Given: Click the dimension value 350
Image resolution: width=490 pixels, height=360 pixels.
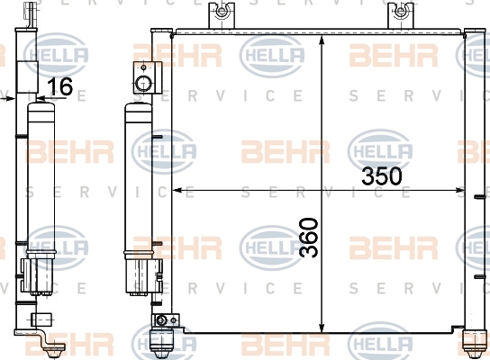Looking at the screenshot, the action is pyautogui.click(x=382, y=175).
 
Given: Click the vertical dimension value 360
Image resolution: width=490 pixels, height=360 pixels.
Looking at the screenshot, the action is pyautogui.click(x=308, y=238).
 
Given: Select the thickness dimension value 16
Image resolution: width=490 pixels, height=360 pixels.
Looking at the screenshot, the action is pyautogui.click(x=60, y=85).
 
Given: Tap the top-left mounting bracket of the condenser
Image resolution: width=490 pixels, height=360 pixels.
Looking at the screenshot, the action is pyautogui.click(x=222, y=15).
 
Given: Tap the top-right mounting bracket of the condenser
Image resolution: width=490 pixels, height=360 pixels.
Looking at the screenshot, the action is pyautogui.click(x=400, y=15).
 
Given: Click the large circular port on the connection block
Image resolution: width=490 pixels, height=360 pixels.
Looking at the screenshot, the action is pyautogui.click(x=144, y=84).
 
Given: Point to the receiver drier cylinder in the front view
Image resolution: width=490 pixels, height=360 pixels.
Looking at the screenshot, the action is pyautogui.click(x=139, y=181).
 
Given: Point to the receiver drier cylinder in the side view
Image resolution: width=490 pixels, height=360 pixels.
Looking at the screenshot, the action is pyautogui.click(x=41, y=178).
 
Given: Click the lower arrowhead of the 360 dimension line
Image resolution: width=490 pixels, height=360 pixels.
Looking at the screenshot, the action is pyautogui.click(x=322, y=327).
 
